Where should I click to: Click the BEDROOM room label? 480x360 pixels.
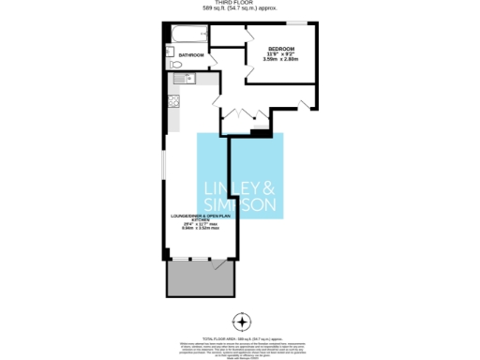coord(281,49)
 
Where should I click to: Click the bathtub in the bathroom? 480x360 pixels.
coord(188,35)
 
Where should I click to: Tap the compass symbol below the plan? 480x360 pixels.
coord(242,323)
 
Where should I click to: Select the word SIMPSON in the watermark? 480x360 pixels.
coord(240,203)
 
